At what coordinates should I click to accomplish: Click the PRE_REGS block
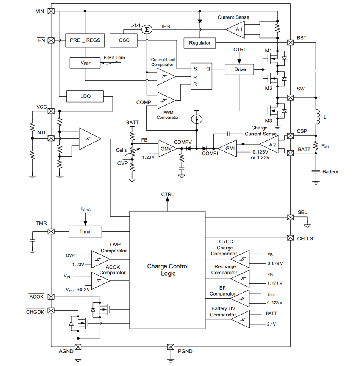(x=85, y=40)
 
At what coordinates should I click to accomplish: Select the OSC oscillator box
(x=124, y=40)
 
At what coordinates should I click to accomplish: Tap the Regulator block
(x=200, y=43)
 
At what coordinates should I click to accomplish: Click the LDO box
(x=85, y=97)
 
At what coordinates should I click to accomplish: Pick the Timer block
(x=86, y=231)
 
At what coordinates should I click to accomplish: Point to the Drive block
(x=239, y=69)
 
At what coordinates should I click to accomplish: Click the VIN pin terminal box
(x=51, y=11)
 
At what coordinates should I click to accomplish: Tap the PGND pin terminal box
(x=171, y=347)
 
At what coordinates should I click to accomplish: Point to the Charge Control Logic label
(x=167, y=270)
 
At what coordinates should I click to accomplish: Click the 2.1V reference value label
(x=272, y=324)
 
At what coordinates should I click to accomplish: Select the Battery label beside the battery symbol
(x=330, y=172)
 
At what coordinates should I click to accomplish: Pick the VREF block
(x=85, y=63)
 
